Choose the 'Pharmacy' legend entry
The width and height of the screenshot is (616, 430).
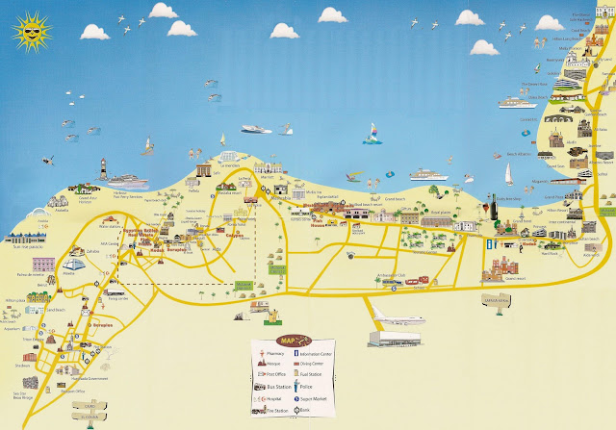(x=275, y=354)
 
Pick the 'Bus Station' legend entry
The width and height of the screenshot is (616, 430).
(x=279, y=387)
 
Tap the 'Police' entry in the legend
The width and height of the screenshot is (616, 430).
(x=306, y=387)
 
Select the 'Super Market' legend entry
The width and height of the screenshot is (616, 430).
(x=313, y=398)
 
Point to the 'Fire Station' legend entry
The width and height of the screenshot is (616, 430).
(x=277, y=411)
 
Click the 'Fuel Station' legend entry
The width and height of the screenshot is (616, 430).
(x=311, y=374)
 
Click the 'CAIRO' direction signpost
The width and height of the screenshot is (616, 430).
(x=90, y=406)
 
